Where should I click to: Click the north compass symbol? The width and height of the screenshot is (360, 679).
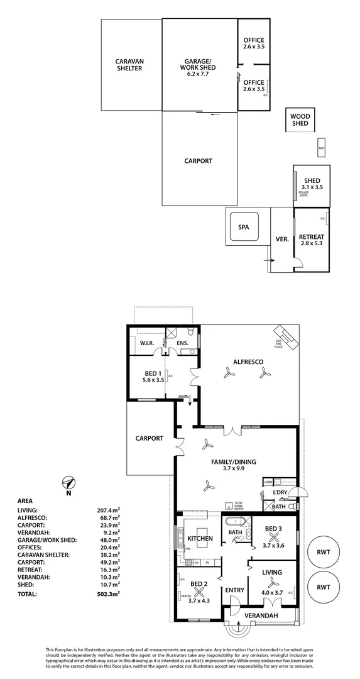70,483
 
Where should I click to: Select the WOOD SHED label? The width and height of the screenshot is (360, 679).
300,120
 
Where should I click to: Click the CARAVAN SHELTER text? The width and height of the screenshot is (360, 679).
129,65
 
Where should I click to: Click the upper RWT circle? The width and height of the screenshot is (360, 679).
324,553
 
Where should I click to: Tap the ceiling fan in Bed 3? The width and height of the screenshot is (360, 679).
274,538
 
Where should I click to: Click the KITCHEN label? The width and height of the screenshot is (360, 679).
200,538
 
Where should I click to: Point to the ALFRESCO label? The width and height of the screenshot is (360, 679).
247,361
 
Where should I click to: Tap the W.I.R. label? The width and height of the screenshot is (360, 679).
148,343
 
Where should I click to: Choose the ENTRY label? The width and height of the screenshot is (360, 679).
234,590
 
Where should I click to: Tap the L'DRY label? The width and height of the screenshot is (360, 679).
280,493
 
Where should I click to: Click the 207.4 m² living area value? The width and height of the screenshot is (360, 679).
107,511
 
